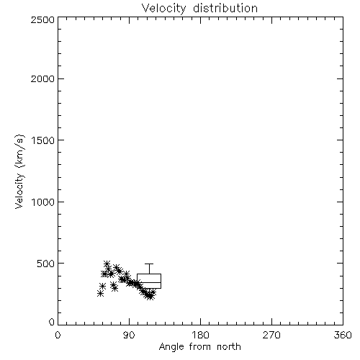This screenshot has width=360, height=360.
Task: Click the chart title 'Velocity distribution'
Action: (199, 9)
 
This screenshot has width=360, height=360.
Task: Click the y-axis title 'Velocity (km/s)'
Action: (19, 172)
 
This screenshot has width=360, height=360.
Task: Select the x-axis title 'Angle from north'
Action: (199, 347)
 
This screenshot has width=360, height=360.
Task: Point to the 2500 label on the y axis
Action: (42, 19)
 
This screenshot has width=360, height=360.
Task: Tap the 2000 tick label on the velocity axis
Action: (42, 78)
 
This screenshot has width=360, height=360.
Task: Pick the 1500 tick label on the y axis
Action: (42, 140)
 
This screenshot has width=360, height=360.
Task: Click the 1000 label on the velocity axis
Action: (42, 202)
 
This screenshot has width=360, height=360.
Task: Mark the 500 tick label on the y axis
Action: (46, 264)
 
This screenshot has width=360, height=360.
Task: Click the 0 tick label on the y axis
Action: (52, 322)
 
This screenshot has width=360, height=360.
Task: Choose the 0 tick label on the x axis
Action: (58, 335)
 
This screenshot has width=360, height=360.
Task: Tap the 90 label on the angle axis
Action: (129, 335)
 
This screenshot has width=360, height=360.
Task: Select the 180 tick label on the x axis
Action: (200, 335)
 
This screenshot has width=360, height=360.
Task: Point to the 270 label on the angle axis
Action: (271, 335)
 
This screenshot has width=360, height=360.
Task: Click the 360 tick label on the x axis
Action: (343, 335)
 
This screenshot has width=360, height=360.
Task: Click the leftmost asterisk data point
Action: (100, 293)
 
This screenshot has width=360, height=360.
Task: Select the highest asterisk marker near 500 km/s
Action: (107, 264)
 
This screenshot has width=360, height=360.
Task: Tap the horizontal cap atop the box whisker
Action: (149, 264)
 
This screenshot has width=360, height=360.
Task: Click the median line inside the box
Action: (149, 282)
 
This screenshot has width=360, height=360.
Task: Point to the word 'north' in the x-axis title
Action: (229, 347)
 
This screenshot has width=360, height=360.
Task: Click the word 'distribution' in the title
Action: (225, 9)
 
